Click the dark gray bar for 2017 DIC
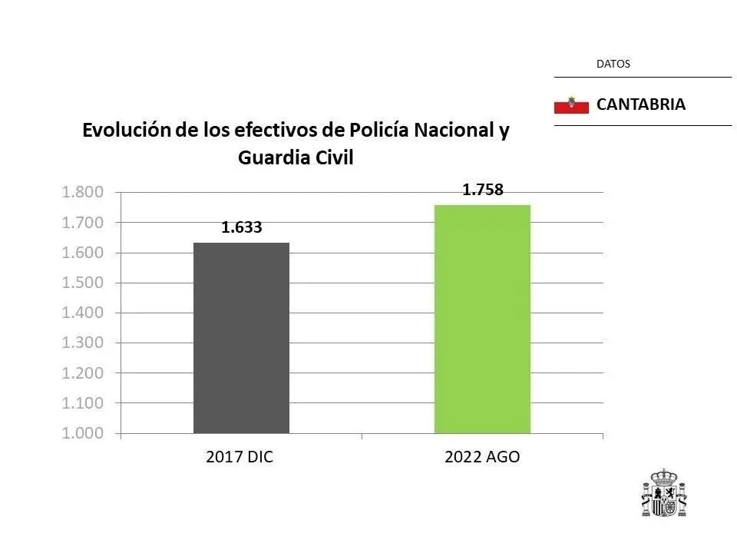241,338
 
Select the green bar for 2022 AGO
482,319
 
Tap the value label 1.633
242,227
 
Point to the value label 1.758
482,190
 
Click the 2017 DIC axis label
240,457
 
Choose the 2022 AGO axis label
482,457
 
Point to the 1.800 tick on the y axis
82,192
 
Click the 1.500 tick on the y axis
82,283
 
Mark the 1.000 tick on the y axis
82,433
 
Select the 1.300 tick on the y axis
82,343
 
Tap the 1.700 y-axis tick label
82,223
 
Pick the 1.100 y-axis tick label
82,403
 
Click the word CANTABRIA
640,104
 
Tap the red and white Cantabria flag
570,105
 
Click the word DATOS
613,65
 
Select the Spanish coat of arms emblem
664,493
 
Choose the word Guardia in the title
269,157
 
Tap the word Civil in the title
332,157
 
